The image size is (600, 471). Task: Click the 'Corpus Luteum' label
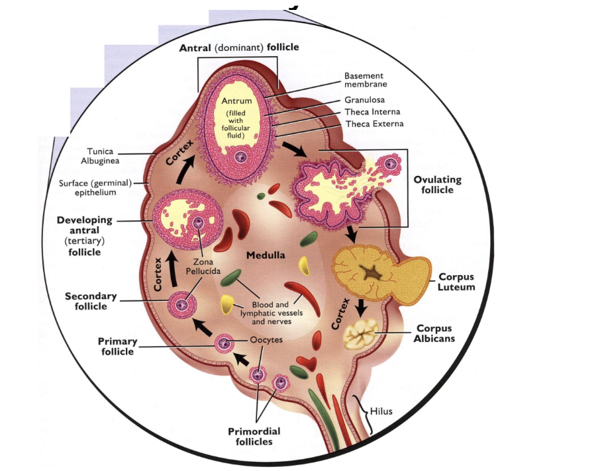(x=455, y=282)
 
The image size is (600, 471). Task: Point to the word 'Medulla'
(x=265, y=255)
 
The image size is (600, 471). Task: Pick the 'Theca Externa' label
(x=374, y=124)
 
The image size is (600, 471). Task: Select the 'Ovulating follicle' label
(x=437, y=185)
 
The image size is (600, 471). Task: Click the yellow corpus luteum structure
(x=368, y=271)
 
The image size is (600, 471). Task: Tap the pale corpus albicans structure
(x=360, y=333)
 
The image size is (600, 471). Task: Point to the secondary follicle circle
(x=182, y=304)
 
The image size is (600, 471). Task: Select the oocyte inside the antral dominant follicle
(x=241, y=157)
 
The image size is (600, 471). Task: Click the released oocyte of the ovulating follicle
(x=394, y=163)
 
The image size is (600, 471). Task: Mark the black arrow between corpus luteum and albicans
(x=361, y=308)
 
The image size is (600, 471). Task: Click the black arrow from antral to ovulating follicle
(x=294, y=148)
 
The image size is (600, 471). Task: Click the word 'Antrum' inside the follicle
(x=236, y=101)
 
